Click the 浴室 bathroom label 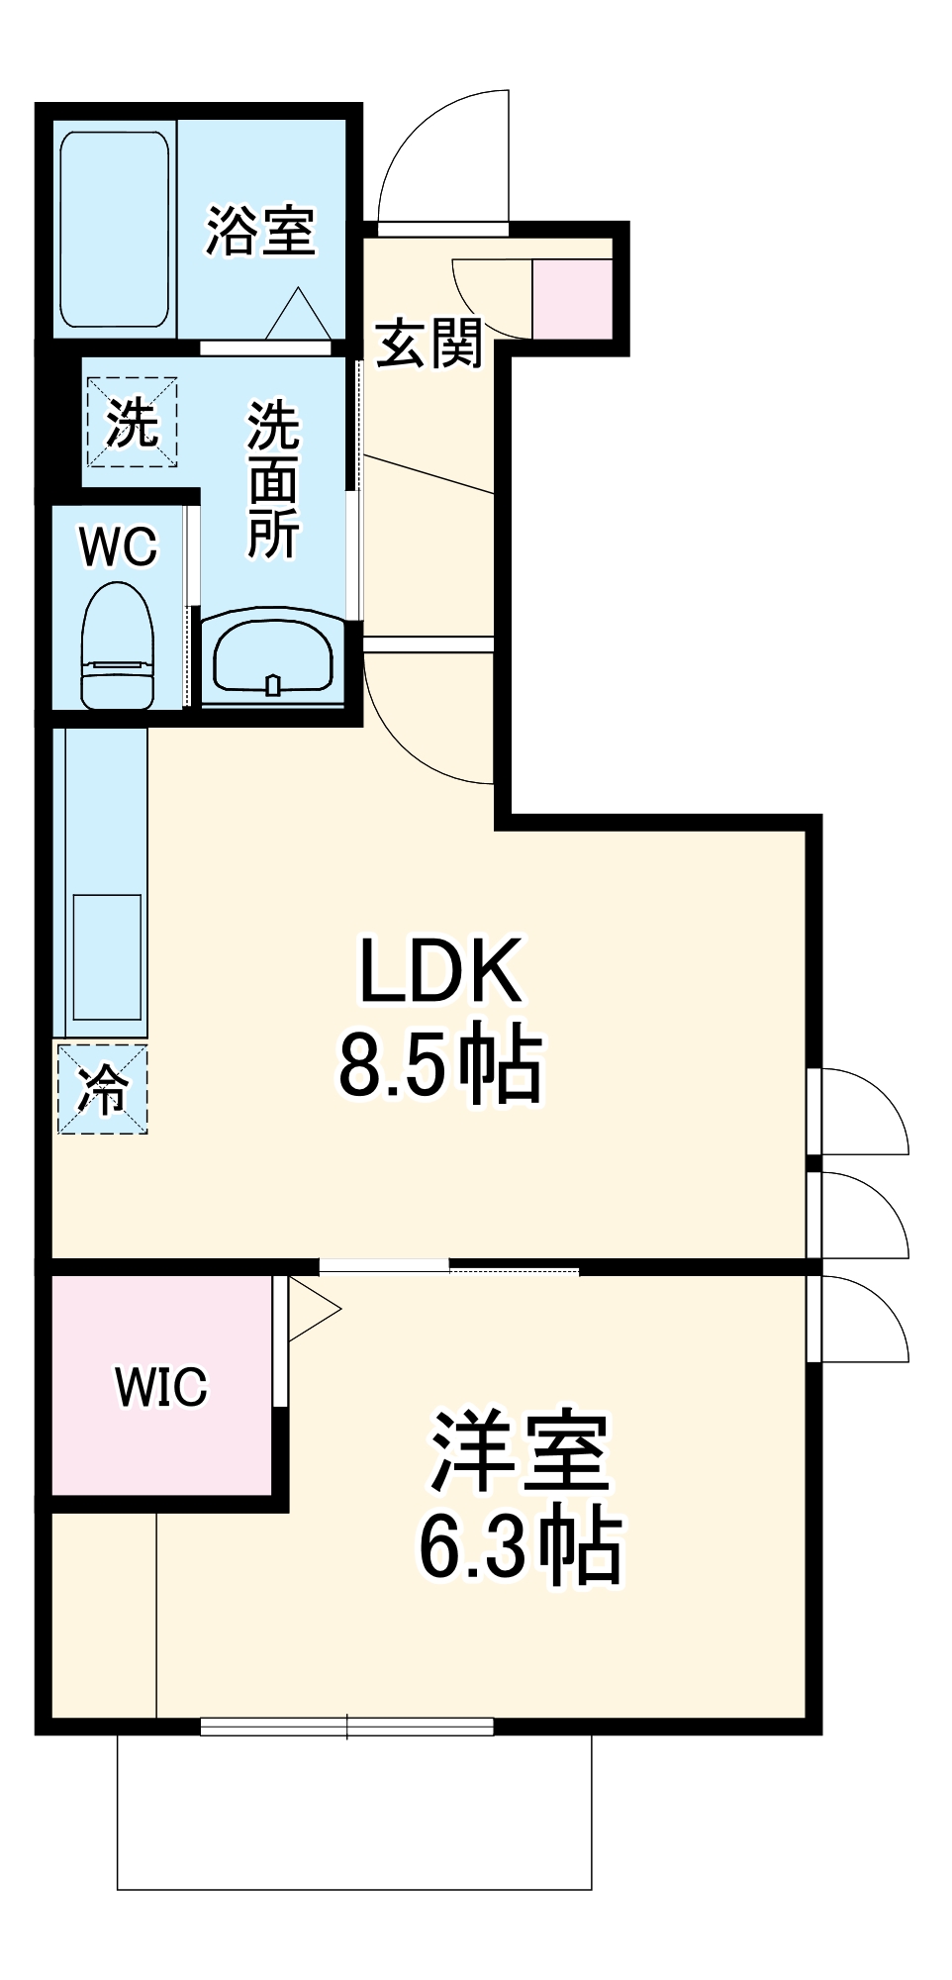(x=260, y=232)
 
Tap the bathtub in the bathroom (x=113, y=230)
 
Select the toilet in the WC (x=118, y=644)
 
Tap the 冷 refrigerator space (x=102, y=1089)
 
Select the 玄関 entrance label (x=428, y=344)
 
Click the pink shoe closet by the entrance (x=572, y=298)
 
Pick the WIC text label (x=161, y=1386)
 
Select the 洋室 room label (x=521, y=1452)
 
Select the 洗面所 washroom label (x=273, y=480)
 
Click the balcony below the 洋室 (x=354, y=1811)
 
